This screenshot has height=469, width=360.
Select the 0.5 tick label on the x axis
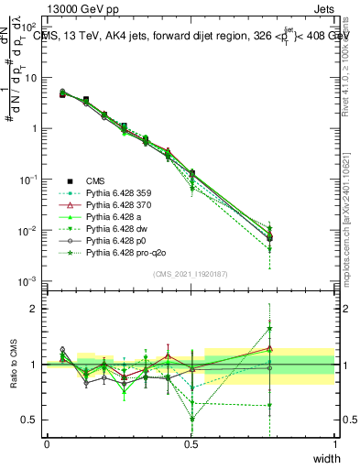click(x=191, y=443)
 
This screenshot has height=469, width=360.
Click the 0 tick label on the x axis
click(x=47, y=443)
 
